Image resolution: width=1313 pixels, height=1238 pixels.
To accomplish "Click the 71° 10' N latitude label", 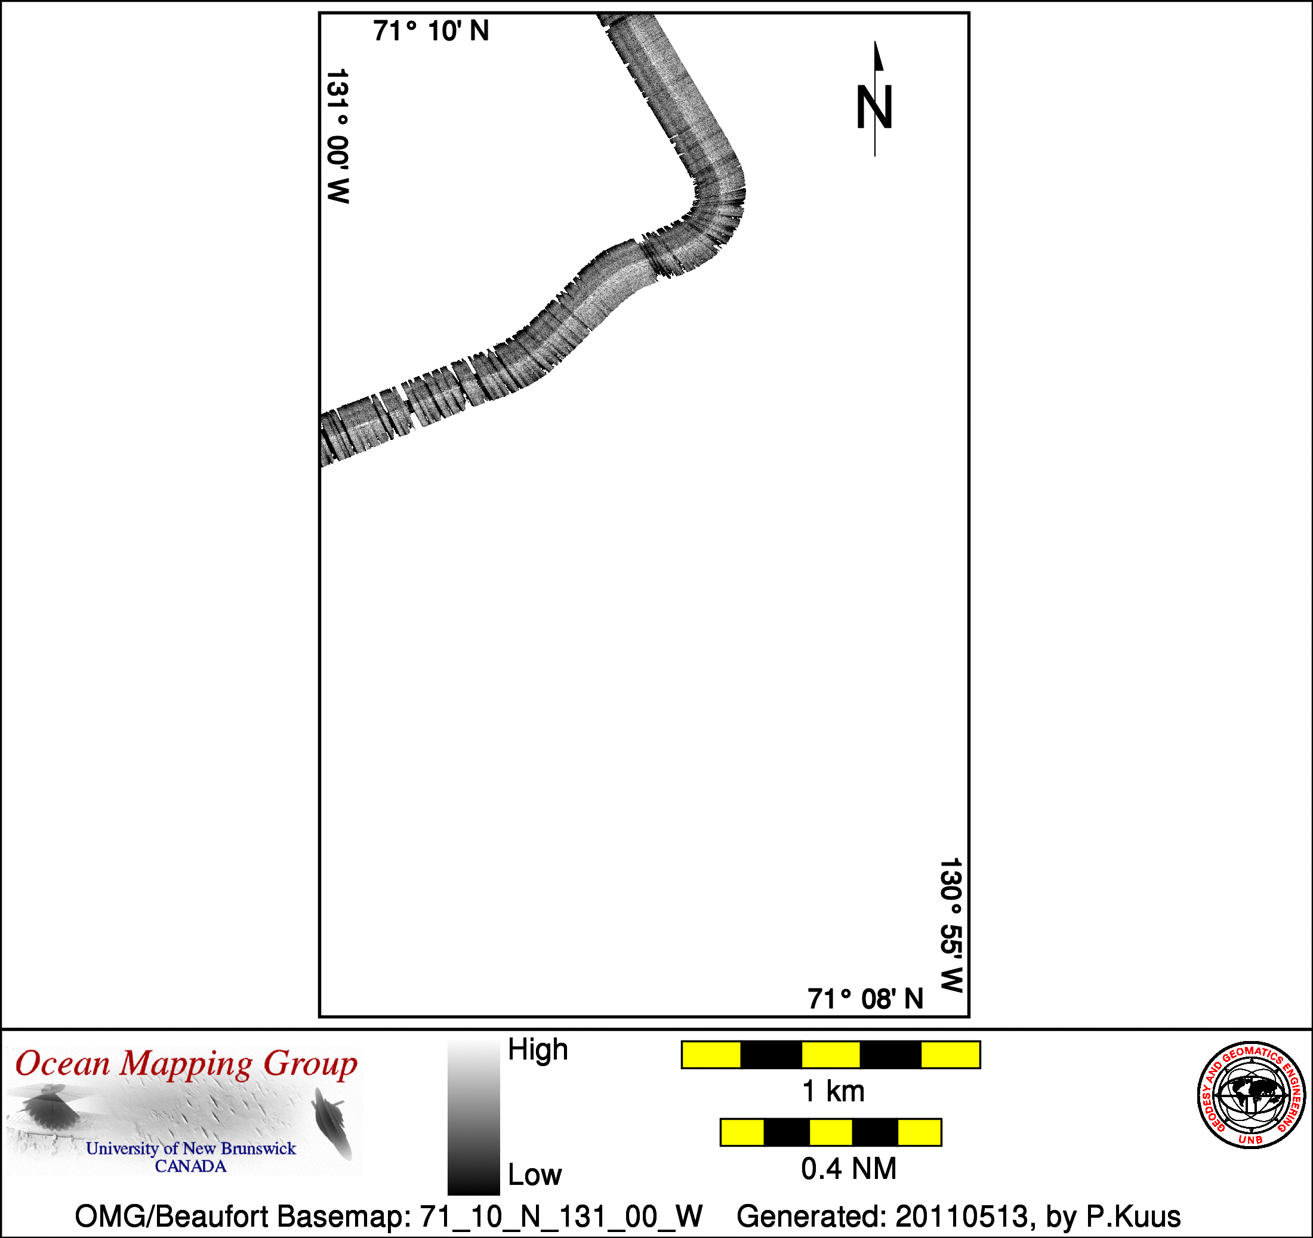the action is pyautogui.click(x=431, y=31).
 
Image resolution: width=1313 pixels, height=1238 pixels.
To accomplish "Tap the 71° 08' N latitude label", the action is pyautogui.click(x=865, y=999).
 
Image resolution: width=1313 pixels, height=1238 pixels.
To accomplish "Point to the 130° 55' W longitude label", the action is pyautogui.click(x=951, y=925).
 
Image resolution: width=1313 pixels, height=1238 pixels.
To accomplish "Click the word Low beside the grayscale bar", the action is pyautogui.click(x=534, y=1175).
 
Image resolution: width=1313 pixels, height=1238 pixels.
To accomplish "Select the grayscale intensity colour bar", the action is pyautogui.click(x=473, y=1117).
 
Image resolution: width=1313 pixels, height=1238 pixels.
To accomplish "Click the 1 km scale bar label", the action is pyautogui.click(x=833, y=1091).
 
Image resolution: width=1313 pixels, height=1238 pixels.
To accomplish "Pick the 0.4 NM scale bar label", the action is pyautogui.click(x=849, y=1169).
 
